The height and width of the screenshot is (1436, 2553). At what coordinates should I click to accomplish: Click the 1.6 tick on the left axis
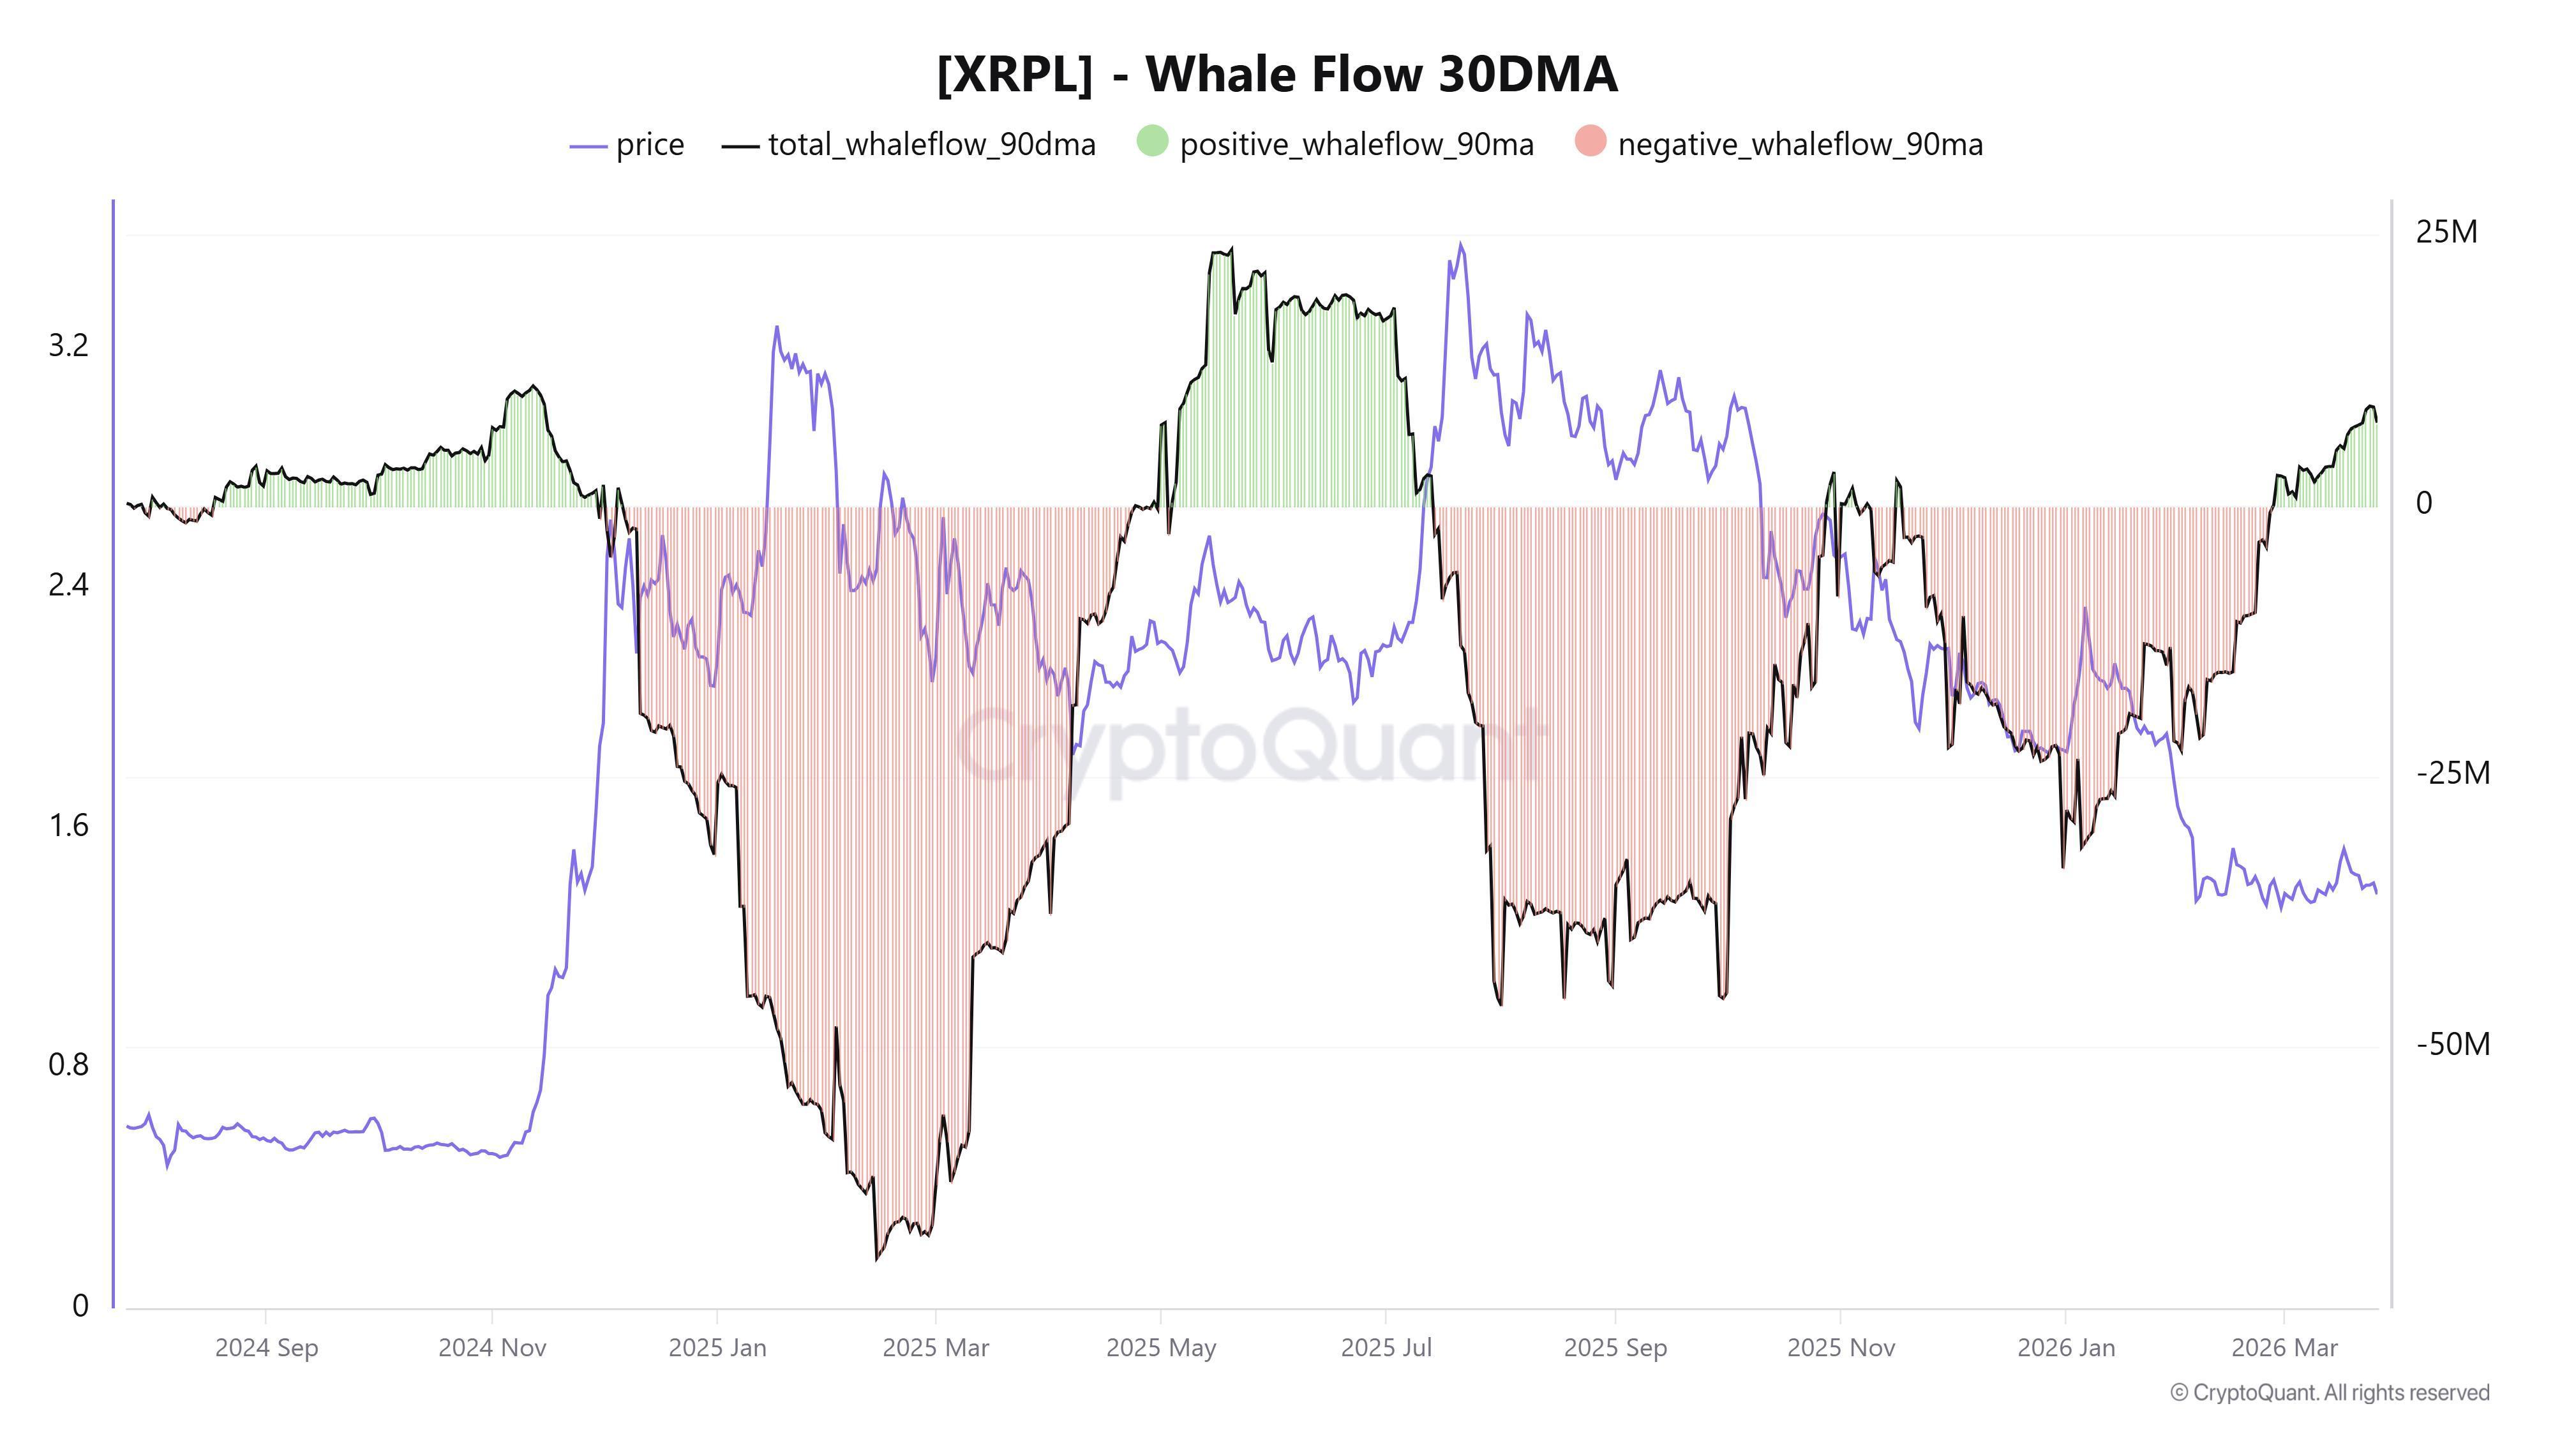click(x=68, y=825)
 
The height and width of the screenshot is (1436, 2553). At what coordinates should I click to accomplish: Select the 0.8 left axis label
click(x=68, y=1065)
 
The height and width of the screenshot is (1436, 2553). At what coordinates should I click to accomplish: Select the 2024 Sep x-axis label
click(x=267, y=1348)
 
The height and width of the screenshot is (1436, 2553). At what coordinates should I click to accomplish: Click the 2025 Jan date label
click(x=717, y=1348)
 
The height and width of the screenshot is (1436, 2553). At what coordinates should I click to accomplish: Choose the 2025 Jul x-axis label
click(x=1386, y=1348)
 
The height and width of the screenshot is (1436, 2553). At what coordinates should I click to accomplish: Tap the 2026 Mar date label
click(x=2284, y=1348)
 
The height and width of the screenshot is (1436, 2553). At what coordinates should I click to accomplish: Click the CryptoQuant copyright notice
click(x=2329, y=1393)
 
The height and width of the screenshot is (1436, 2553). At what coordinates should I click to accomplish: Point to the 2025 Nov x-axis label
click(x=1841, y=1348)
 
